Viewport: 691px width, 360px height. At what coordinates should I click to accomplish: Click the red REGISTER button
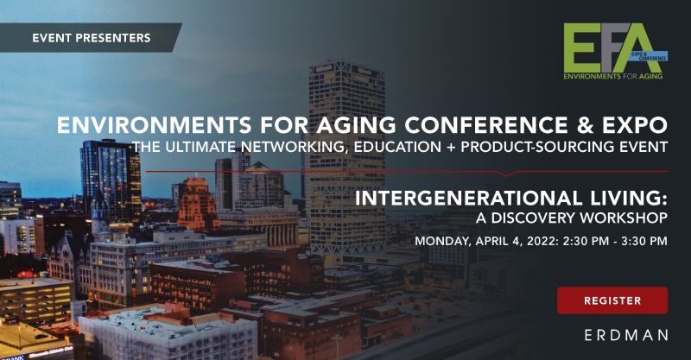point(612,300)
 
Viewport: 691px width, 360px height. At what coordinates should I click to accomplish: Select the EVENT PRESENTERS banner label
point(91,38)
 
